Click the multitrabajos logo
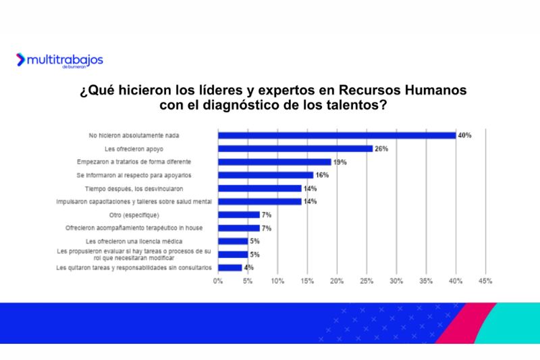click(x=59, y=60)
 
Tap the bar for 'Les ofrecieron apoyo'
click(x=294, y=149)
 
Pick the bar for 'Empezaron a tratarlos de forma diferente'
click(x=274, y=162)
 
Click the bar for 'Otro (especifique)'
click(x=238, y=215)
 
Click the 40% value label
click(x=464, y=135)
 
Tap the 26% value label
click(x=381, y=149)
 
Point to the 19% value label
click(x=339, y=162)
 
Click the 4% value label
click(x=249, y=267)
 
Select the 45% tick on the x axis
click(x=485, y=280)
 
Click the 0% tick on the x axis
click(x=217, y=280)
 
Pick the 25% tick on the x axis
click(x=367, y=280)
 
